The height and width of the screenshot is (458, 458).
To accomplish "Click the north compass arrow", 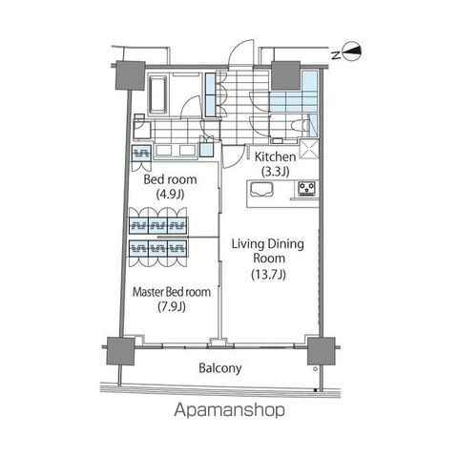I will [x=352, y=53].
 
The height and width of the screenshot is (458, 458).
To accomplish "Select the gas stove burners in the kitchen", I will [x=305, y=190].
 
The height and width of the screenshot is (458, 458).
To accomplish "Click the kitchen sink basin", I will [x=262, y=191].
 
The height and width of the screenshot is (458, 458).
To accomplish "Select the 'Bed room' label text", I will [x=170, y=179].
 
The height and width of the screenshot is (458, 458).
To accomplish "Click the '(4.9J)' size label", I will [x=170, y=195].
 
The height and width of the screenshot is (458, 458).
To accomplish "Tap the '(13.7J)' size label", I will [x=269, y=275].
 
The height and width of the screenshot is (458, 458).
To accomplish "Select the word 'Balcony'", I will [x=220, y=367].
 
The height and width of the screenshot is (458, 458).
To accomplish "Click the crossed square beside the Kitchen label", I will [x=309, y=149].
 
